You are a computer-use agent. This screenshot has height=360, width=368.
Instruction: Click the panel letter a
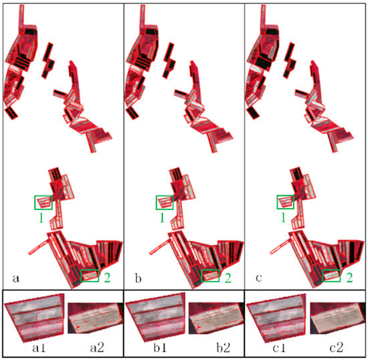point(16,279)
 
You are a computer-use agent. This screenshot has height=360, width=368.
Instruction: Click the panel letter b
point(138,278)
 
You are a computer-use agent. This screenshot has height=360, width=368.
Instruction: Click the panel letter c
point(259,278)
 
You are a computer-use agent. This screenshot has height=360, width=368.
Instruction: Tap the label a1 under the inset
point(39,348)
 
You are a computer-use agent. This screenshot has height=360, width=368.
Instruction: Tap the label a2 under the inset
point(97,348)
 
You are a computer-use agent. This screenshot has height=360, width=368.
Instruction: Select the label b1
point(160,347)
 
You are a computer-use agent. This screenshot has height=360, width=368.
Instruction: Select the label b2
point(223,347)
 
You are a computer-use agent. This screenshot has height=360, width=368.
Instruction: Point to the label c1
point(279,348)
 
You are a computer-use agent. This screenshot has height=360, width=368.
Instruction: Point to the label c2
point(337,348)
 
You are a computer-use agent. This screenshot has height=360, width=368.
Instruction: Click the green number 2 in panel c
point(350,278)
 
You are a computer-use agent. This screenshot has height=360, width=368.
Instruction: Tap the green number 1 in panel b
point(162,217)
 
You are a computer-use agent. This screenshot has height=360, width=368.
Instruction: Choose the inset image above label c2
point(338,318)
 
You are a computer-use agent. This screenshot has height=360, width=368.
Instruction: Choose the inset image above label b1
point(155,317)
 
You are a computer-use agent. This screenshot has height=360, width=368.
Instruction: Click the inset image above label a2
point(96,318)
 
